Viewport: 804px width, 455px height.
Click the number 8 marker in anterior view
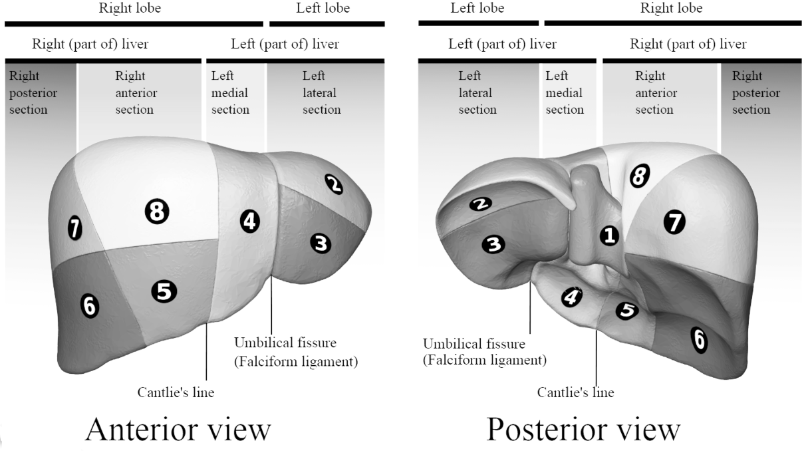(157, 212)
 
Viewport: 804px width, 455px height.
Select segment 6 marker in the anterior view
(89, 305)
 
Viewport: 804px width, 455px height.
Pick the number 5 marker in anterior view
(164, 291)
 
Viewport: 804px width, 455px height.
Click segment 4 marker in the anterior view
(249, 221)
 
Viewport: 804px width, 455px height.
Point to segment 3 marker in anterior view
(321, 244)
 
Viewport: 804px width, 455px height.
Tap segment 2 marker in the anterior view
(335, 184)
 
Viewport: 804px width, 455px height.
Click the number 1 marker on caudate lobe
(608, 235)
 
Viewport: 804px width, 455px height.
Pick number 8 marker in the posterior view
(639, 176)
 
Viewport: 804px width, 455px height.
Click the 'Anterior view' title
(178, 429)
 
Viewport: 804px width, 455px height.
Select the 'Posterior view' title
(583, 429)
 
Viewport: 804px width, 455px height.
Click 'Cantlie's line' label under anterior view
(176, 392)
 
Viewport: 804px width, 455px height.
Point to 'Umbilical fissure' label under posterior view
(473, 344)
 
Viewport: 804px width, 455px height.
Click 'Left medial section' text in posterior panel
(564, 93)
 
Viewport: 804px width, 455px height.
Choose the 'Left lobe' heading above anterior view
(323, 9)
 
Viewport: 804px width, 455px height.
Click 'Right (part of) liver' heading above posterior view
(688, 45)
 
